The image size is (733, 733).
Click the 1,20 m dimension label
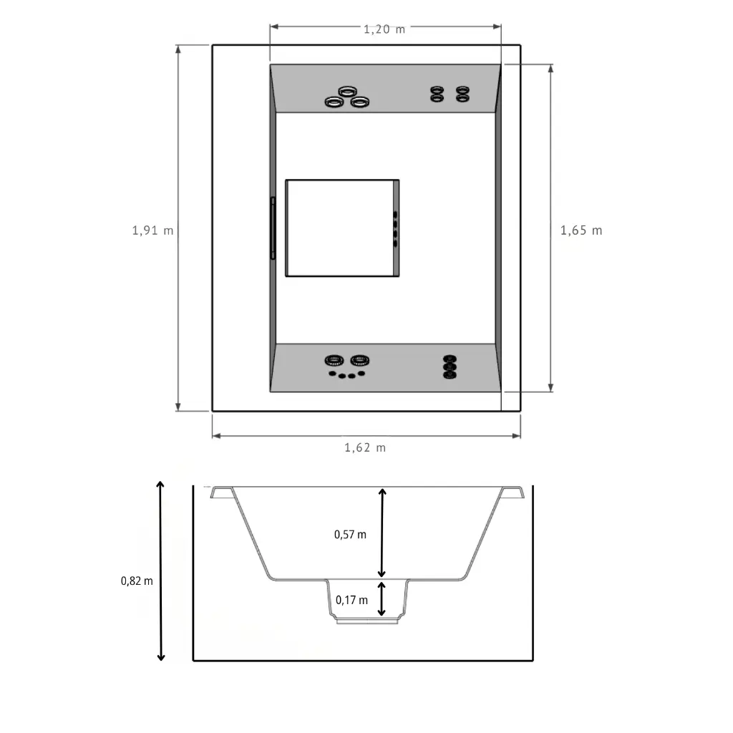[384, 29]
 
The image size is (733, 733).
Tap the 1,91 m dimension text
[153, 230]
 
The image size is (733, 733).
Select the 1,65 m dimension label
[581, 230]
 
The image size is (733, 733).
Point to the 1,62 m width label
[365, 448]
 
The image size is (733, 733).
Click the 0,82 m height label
[137, 581]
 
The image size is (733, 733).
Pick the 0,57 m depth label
[350, 534]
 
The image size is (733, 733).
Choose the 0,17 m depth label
[351, 600]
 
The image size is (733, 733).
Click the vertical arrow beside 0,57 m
[382, 533]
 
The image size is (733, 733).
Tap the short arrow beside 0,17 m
[382, 599]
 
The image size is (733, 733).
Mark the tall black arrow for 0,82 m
[161, 571]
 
